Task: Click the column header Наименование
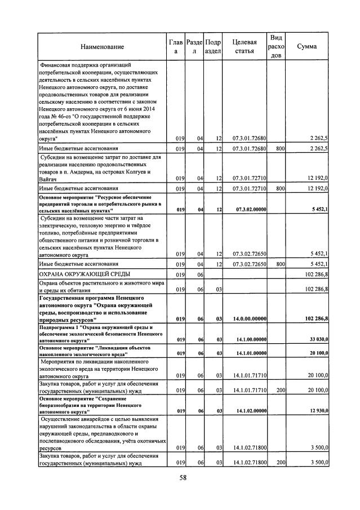click(x=102, y=47)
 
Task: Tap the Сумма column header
click(x=306, y=47)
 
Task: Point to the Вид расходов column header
click(x=276, y=46)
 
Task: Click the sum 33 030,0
click(x=317, y=340)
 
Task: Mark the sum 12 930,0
click(x=317, y=411)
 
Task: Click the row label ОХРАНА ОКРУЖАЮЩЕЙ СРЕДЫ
click(x=81, y=274)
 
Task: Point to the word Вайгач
click(x=48, y=178)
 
